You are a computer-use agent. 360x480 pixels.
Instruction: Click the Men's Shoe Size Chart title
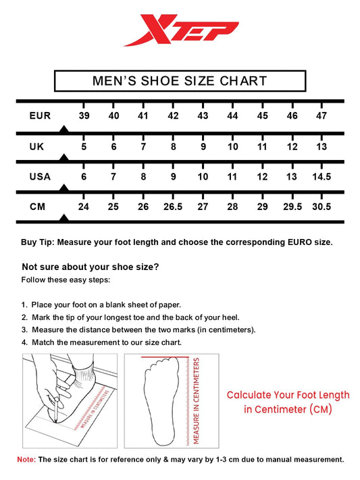coord(180,82)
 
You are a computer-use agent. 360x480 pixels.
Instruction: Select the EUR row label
coord(40,116)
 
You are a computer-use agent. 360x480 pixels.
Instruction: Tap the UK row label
coord(37,146)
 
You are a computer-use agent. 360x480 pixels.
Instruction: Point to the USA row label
coord(40,177)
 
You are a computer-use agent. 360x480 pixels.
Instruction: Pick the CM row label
coord(37,207)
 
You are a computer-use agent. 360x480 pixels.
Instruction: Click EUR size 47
coord(322,116)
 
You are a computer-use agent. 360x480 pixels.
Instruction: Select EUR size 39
coord(84,116)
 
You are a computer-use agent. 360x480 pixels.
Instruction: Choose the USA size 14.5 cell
coord(322,177)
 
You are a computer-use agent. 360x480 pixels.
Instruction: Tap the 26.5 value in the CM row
coord(173,207)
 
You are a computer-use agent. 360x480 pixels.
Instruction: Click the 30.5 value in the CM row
coord(322,207)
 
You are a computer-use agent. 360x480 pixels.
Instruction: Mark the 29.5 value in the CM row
coord(292,207)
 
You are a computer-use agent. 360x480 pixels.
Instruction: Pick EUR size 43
coord(203,116)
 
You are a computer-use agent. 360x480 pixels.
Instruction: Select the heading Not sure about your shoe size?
coord(91,267)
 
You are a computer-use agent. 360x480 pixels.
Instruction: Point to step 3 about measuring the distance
coord(138,329)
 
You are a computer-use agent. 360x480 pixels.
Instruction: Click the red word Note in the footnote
coord(26,459)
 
